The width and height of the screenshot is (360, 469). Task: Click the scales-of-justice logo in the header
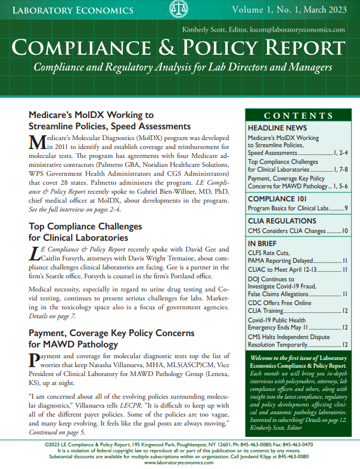(x=177, y=10)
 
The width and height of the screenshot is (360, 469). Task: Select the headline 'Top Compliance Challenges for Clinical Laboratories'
(x=85, y=232)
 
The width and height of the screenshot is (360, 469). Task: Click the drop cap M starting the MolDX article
(x=37, y=141)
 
